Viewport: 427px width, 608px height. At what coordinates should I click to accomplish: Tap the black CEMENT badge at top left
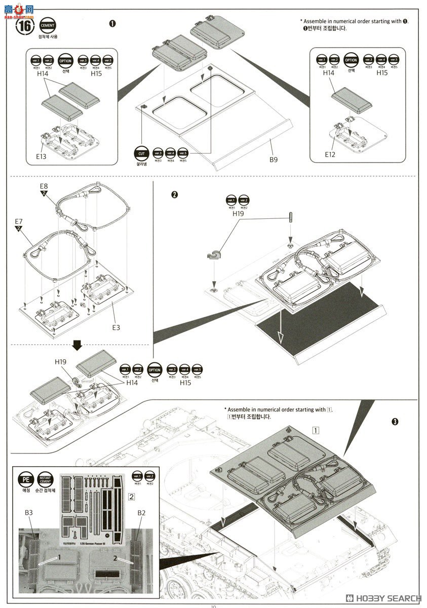[48, 25]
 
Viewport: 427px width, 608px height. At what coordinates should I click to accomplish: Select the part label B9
[274, 160]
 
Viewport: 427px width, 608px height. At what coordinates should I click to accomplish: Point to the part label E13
[42, 157]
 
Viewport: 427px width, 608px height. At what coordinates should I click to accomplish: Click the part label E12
[331, 154]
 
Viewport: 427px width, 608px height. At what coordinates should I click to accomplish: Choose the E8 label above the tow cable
[45, 186]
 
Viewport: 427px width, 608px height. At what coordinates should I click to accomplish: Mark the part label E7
[19, 221]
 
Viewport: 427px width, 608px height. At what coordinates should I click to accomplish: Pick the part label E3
[116, 327]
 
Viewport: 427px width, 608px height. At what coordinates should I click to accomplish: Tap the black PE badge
[25, 479]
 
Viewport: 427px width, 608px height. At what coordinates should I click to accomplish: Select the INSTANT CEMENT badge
[45, 479]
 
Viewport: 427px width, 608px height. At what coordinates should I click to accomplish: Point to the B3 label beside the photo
[29, 513]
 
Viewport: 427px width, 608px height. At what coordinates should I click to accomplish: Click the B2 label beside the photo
[142, 513]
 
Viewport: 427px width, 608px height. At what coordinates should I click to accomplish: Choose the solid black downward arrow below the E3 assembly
[77, 346]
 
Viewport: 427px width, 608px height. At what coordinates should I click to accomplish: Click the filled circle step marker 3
[396, 422]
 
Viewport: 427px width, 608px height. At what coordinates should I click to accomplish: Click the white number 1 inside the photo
[59, 556]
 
